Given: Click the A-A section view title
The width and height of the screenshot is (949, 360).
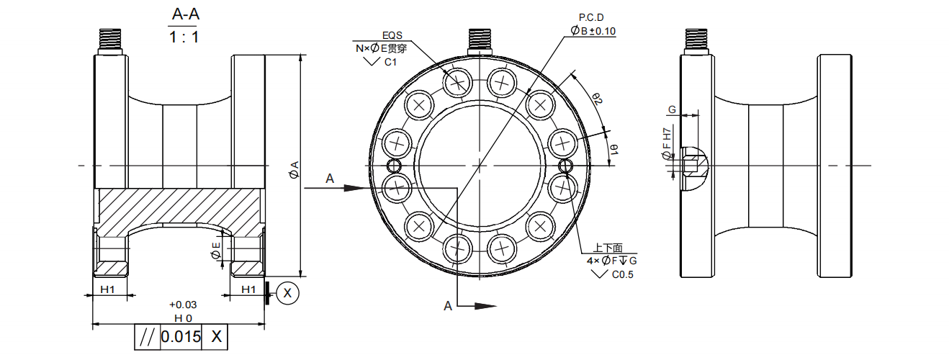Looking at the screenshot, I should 184,14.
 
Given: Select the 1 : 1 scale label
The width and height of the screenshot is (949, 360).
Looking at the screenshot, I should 184,37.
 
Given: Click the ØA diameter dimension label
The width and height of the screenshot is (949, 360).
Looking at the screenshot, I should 293,171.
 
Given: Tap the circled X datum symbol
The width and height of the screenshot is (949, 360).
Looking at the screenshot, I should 288,293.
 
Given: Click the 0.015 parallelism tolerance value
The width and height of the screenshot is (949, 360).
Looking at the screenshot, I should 181,336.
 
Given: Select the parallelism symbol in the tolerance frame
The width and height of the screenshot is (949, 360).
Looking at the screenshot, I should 147,336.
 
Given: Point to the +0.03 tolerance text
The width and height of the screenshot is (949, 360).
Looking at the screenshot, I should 183,305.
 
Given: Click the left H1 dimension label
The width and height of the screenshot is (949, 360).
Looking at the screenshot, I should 108,289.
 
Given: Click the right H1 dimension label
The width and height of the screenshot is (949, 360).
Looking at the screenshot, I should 248,289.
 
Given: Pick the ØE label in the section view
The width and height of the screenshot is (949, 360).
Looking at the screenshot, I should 215,251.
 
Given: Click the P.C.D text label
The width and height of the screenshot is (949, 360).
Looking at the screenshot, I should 592,17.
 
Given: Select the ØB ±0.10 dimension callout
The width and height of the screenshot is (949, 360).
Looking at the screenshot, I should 593,30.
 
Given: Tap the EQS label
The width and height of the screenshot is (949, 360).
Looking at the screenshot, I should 393,35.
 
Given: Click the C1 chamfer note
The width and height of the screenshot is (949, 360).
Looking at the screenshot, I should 390,63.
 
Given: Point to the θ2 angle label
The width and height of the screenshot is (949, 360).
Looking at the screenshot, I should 597,99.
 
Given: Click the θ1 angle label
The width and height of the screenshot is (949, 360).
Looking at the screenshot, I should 614,148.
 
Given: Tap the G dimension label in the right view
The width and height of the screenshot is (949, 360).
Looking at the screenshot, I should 672,109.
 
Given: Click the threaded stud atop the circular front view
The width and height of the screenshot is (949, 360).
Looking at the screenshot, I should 480,41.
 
